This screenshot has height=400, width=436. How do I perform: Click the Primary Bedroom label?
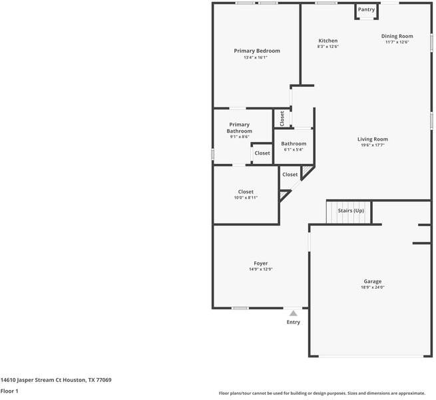pyautogui.click(x=256, y=51)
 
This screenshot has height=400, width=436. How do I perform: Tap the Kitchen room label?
pyautogui.click(x=327, y=41)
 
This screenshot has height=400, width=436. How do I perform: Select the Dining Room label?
pyautogui.click(x=397, y=36)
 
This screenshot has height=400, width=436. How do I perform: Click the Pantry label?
pyautogui.click(x=366, y=9)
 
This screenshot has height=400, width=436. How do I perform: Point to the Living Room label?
pyautogui.click(x=372, y=139)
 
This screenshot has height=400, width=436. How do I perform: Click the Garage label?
pyautogui.click(x=372, y=281)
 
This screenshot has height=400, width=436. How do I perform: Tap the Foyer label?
pyautogui.click(x=260, y=263)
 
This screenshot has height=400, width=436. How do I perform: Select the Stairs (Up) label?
pyautogui.click(x=351, y=211)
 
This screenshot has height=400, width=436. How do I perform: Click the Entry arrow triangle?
pyautogui.click(x=293, y=313)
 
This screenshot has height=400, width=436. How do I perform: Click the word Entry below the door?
pyautogui.click(x=293, y=322)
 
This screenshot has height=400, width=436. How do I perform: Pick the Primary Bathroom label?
pyautogui.click(x=239, y=127)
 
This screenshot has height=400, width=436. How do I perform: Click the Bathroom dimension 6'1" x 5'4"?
pyautogui.click(x=294, y=150)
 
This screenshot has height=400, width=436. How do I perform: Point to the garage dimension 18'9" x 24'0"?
pyautogui.click(x=372, y=287)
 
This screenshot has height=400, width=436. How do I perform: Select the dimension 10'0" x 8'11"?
pyautogui.click(x=246, y=198)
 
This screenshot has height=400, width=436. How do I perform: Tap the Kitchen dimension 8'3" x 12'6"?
pyautogui.click(x=327, y=47)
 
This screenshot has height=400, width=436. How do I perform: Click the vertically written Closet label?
pyautogui.click(x=282, y=119)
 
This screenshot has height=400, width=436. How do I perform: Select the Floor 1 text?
pyautogui.click(x=9, y=391)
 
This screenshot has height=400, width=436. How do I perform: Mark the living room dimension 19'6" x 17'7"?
pyautogui.click(x=372, y=145)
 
